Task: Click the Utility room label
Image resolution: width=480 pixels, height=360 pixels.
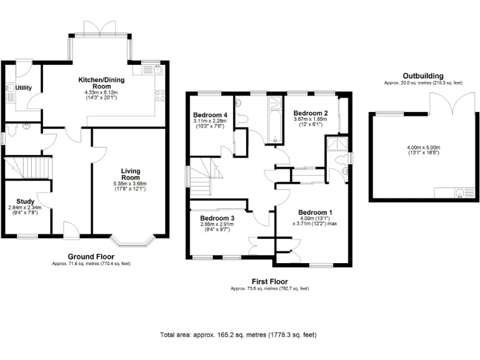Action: (24, 88)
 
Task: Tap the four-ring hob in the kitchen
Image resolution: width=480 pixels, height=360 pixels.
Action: (159, 96)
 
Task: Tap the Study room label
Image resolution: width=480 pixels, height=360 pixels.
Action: (25, 201)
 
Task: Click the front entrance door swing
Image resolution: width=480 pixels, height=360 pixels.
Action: (71, 228)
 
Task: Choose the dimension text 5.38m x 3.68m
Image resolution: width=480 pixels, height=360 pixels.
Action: (130, 184)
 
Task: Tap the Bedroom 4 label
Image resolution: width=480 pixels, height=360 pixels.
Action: (211, 115)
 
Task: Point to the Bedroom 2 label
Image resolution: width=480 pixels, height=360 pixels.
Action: (311, 112)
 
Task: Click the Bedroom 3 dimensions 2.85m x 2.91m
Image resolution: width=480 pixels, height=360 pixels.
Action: (214, 224)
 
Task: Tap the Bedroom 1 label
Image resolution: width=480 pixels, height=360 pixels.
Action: (315, 211)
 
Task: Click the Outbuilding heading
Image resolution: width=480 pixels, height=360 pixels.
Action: (423, 75)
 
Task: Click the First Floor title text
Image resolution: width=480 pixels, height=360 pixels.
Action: (269, 282)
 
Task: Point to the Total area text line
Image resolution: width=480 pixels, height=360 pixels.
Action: (238, 335)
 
